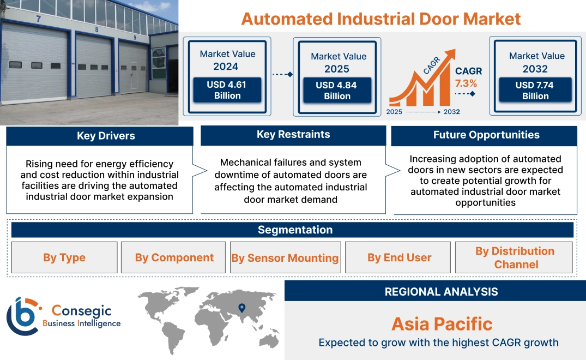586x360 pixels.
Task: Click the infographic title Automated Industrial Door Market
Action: tap(380, 19)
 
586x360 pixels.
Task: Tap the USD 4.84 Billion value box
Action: tap(337, 91)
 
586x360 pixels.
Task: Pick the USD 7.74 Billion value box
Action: tap(535, 90)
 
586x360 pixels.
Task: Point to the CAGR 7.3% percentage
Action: tap(466, 83)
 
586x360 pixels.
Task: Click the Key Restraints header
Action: tap(293, 135)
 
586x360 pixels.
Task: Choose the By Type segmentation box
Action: tap(64, 257)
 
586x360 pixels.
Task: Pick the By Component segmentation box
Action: tap(174, 257)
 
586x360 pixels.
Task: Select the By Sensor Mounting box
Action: tap(285, 258)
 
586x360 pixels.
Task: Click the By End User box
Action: tap(399, 257)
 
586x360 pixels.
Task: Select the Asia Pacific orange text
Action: tap(442, 324)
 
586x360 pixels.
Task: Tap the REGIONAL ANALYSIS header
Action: tap(441, 292)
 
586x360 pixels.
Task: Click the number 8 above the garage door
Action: tap(96, 30)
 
